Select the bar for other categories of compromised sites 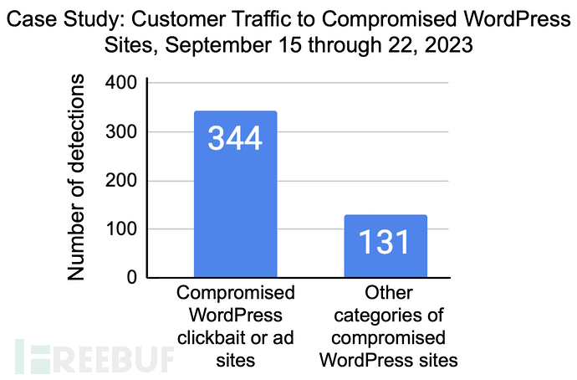tap(386, 251)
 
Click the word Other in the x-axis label tap(386, 293)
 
